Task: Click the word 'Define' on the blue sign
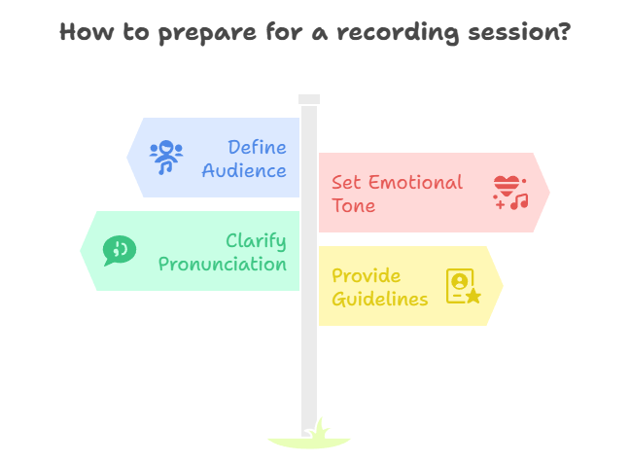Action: pyautogui.click(x=257, y=147)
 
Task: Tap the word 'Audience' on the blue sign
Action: pyautogui.click(x=244, y=170)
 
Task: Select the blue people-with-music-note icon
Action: pyautogui.click(x=166, y=158)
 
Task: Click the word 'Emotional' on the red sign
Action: pyautogui.click(x=415, y=182)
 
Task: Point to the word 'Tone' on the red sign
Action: pyautogui.click(x=353, y=205)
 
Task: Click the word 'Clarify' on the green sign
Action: pyautogui.click(x=256, y=241)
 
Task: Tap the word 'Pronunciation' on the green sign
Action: pyautogui.click(x=223, y=264)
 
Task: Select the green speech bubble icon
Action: pyautogui.click(x=120, y=250)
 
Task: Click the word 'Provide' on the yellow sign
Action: pyautogui.click(x=366, y=275)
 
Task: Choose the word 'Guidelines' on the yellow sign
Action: pyautogui.click(x=380, y=299)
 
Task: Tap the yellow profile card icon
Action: pyautogui.click(x=463, y=286)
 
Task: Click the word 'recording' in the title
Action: pyautogui.click(x=398, y=32)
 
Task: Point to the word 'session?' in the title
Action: pyautogui.click(x=519, y=32)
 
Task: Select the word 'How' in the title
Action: pyautogui.click(x=87, y=32)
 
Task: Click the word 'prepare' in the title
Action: pyautogui.click(x=207, y=33)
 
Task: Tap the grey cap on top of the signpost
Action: pyautogui.click(x=309, y=99)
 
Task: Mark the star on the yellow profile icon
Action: pyautogui.click(x=473, y=296)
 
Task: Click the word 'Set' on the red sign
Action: pyautogui.click(x=346, y=182)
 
